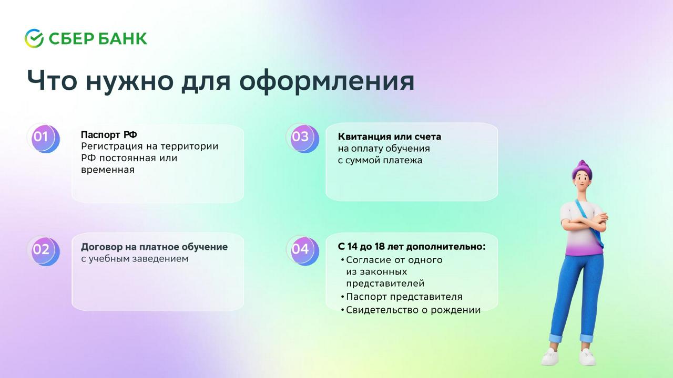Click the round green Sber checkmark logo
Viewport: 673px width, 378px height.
(x=34, y=38)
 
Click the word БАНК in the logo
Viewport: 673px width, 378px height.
(x=123, y=39)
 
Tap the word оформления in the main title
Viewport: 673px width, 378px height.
(x=327, y=81)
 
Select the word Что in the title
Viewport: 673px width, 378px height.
(x=52, y=81)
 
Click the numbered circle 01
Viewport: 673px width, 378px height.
(x=44, y=138)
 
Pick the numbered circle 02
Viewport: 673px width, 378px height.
(x=44, y=251)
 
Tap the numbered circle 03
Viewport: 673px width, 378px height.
(x=303, y=138)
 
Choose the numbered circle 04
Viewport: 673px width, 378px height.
(x=303, y=250)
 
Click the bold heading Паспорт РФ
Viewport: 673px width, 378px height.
(x=109, y=135)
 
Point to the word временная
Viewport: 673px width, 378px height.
(x=108, y=170)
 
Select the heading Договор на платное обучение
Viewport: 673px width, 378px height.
(x=154, y=247)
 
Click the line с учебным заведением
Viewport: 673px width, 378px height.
(x=135, y=259)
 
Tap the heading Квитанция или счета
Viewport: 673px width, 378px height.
(x=390, y=136)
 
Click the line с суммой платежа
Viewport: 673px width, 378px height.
(x=380, y=160)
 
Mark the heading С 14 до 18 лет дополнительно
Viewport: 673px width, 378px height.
(x=412, y=247)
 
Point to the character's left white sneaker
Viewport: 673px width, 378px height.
(x=550, y=356)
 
